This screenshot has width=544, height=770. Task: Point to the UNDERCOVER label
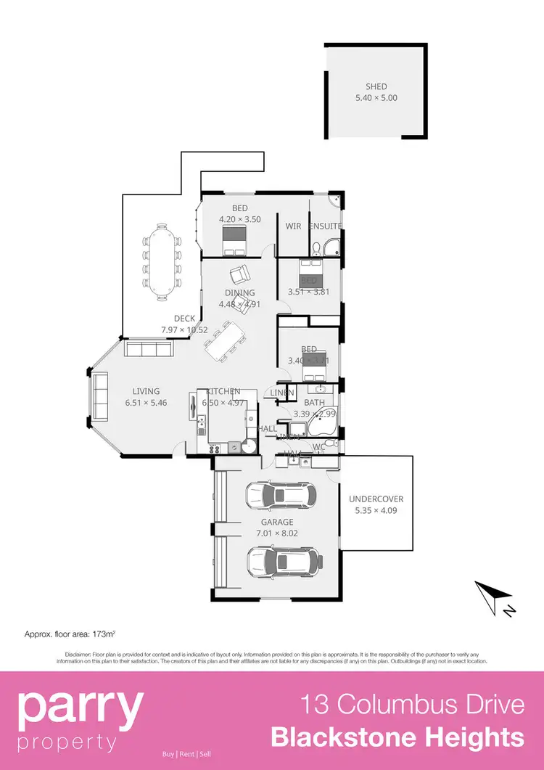point(376,499)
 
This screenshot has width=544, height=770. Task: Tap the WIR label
point(293,226)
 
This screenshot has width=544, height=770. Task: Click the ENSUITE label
point(326,226)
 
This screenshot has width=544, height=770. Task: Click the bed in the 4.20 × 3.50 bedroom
point(234,240)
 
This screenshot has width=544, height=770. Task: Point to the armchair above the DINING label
point(239,276)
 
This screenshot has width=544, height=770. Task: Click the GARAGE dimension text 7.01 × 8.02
point(277,533)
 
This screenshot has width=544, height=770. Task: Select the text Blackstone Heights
point(397,738)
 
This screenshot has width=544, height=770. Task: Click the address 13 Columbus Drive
point(412,705)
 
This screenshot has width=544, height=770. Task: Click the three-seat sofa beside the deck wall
point(148,350)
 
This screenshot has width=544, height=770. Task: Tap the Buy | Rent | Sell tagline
point(186,754)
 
